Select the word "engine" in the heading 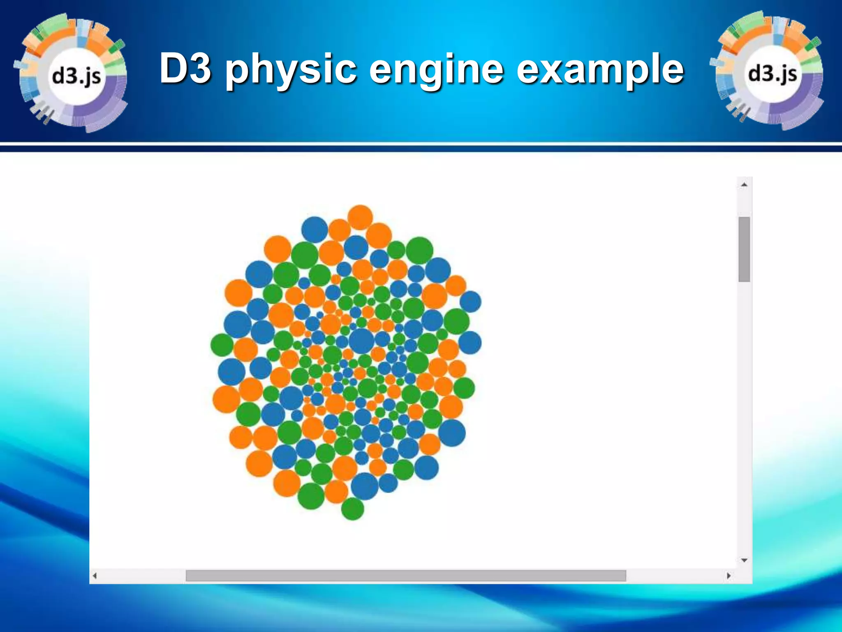tap(436, 70)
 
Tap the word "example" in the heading tap(599, 70)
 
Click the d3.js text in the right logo tap(773, 74)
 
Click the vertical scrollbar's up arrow tap(744, 185)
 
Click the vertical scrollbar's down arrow tap(744, 560)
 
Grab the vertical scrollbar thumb tap(744, 249)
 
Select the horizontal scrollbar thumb tap(405, 576)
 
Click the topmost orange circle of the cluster tap(360, 217)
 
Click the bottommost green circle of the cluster tap(352, 509)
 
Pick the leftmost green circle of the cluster tap(222, 345)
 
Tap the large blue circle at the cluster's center tap(362, 341)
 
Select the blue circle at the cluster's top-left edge tap(315, 229)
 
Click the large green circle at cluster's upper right tap(419, 250)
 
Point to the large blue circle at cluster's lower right tap(452, 432)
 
